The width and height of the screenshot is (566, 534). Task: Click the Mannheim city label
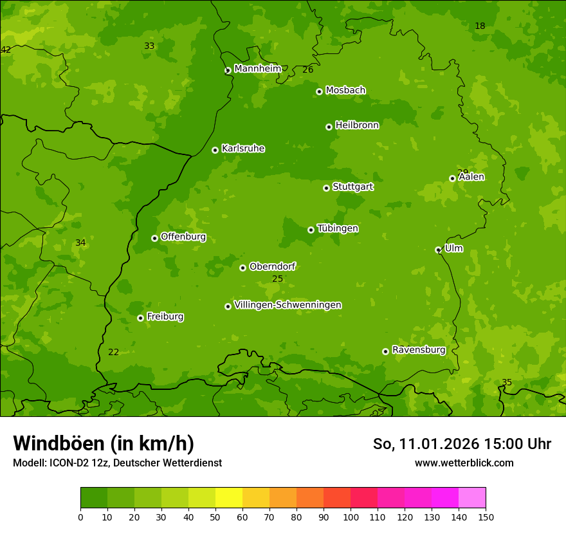pos(257,69)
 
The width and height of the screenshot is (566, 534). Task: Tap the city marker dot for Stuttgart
pos(327,188)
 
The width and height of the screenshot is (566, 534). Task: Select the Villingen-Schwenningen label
pos(288,305)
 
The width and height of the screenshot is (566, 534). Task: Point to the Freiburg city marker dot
pos(140,318)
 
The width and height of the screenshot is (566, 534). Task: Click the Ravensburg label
pos(418,350)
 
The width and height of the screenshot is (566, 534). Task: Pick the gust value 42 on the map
pos(6,50)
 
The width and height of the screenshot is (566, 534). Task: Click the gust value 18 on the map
pos(480,26)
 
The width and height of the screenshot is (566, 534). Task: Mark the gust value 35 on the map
pos(507,383)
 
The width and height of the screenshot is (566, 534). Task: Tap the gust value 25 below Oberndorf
pos(277,279)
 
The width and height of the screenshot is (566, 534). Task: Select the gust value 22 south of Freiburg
pos(113,353)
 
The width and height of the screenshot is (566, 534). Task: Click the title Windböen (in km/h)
pos(104,443)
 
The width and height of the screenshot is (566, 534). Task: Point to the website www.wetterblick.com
pos(464,463)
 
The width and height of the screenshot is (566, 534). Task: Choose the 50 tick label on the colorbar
pos(215,517)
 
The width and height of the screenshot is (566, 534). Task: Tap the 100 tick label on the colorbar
pos(351,517)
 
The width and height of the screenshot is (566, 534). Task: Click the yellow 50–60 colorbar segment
pos(229,498)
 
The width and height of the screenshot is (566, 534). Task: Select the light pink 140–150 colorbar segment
pos(472,498)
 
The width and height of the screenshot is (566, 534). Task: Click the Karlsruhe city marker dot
pos(215,150)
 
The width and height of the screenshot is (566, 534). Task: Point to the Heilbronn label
pos(357,125)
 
